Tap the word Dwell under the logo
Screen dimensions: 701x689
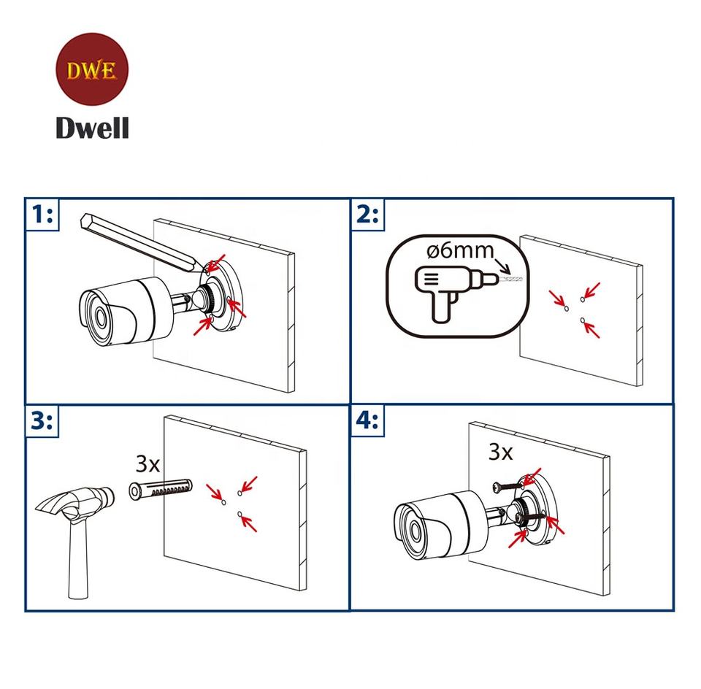pos(92,128)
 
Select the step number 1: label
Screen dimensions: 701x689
pos(43,215)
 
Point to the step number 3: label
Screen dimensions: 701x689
pos(42,421)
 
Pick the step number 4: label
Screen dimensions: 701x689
pos(367,421)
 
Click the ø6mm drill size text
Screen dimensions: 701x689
pos(459,251)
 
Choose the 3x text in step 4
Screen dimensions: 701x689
pos(500,452)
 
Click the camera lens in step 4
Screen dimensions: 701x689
pos(412,528)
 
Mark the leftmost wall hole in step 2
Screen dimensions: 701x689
pos(567,309)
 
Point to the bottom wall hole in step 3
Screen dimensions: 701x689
pos(240,515)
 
